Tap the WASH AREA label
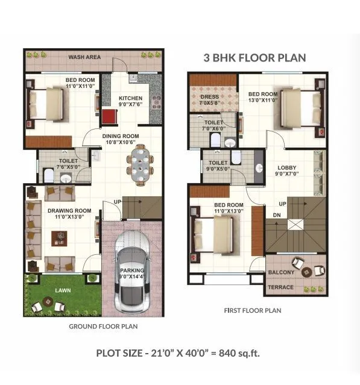[84, 58]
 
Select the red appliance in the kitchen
[109, 116]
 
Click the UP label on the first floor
[282, 204]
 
